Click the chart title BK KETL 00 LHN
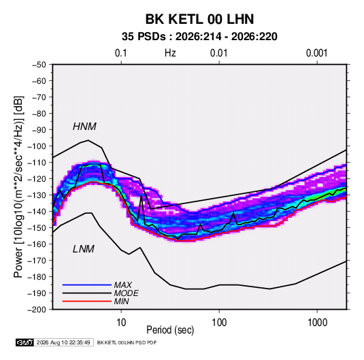pyautogui.click(x=199, y=19)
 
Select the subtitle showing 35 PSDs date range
pyautogui.click(x=199, y=37)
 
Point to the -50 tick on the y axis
pyautogui.click(x=39, y=65)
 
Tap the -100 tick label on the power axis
pyautogui.click(x=37, y=146)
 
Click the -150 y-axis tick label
pyautogui.click(x=37, y=228)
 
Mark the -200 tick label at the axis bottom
pyautogui.click(x=37, y=310)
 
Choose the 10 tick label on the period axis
pyautogui.click(x=121, y=323)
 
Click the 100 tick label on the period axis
pyautogui.click(x=219, y=323)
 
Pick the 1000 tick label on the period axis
pyautogui.click(x=317, y=323)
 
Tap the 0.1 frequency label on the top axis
pyautogui.click(x=121, y=53)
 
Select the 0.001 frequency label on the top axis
pyautogui.click(x=317, y=53)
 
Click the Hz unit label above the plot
pyautogui.click(x=170, y=53)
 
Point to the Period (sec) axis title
pyautogui.click(x=170, y=330)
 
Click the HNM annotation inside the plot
pyautogui.click(x=84, y=127)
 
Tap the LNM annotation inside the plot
pyautogui.click(x=84, y=249)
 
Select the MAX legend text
pyautogui.click(x=123, y=284)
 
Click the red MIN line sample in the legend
pyautogui.click(x=87, y=301)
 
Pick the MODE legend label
pyautogui.click(x=127, y=293)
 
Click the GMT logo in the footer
pyautogui.click(x=25, y=342)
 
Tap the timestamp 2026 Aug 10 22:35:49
pyautogui.click(x=63, y=342)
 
